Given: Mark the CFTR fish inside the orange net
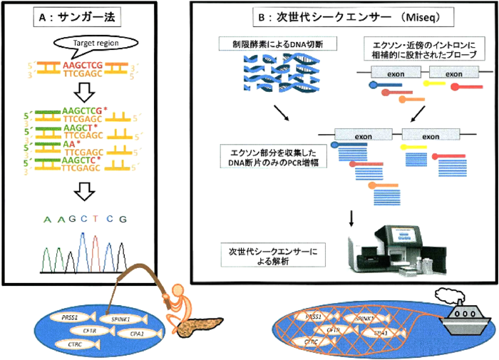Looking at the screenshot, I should (x=333, y=330).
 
